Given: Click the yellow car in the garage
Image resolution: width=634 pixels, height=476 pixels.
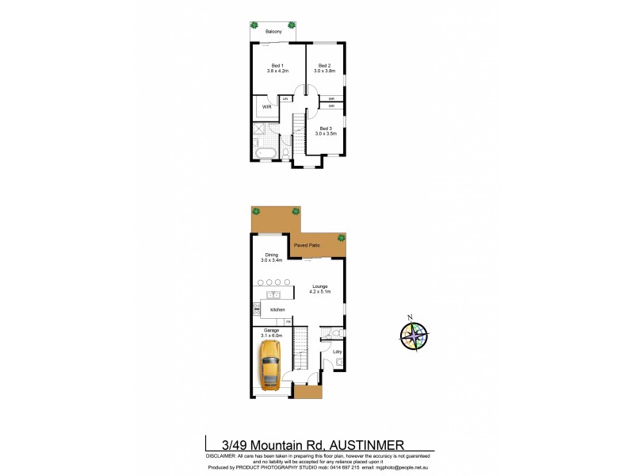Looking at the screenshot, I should pos(271,364).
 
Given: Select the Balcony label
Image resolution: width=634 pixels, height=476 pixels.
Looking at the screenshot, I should pos(274,32).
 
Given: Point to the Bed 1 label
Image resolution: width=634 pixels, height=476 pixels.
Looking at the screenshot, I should pos(277,68).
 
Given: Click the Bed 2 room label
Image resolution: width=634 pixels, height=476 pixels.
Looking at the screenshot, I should pos(324,68).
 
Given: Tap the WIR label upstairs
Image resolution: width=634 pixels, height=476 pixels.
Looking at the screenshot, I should pos(266,106).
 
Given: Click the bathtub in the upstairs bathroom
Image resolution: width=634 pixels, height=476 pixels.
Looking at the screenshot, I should pos(265,152).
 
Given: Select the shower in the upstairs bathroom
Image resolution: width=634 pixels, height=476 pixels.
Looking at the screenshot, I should pos(262,131).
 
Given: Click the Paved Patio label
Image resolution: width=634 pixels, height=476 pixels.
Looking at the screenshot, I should pos(307,246).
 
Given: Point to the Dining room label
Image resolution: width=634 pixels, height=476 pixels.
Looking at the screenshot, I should pos(272,257).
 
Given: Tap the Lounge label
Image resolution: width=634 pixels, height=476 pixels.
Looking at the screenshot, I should pos(320,289).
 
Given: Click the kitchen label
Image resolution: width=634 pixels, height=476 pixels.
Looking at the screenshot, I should pos(277,309).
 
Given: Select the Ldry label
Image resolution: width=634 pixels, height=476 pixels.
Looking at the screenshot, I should pos(337,351).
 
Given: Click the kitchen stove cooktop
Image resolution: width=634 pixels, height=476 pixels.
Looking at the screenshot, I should pos(257,310).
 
